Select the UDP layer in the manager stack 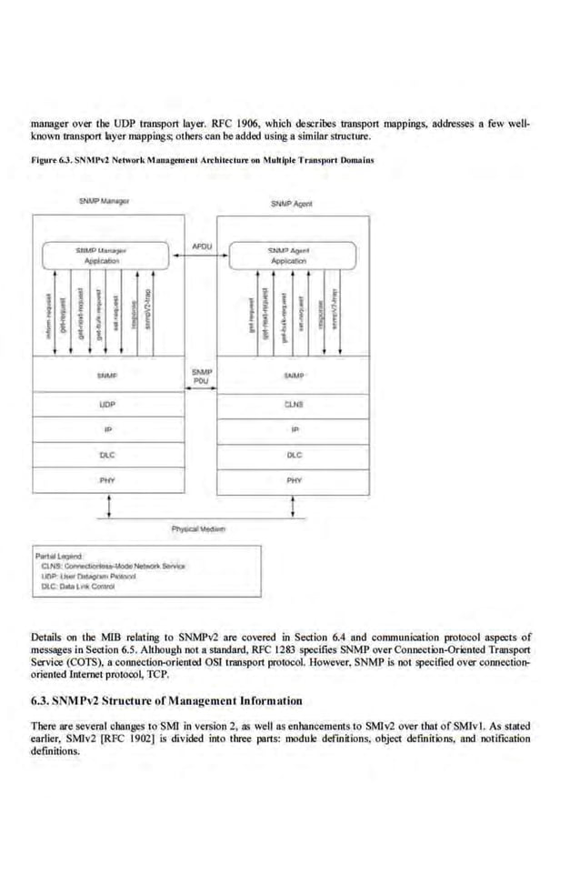point(107,402)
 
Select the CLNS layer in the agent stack point(294,402)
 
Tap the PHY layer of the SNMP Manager point(107,478)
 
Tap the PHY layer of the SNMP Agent point(294,478)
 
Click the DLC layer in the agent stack point(294,453)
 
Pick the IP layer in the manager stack point(107,427)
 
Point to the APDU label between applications point(203,246)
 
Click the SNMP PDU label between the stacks point(202,377)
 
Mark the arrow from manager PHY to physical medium point(110,504)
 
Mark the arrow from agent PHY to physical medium point(293,504)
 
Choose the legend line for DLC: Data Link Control point(82,587)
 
